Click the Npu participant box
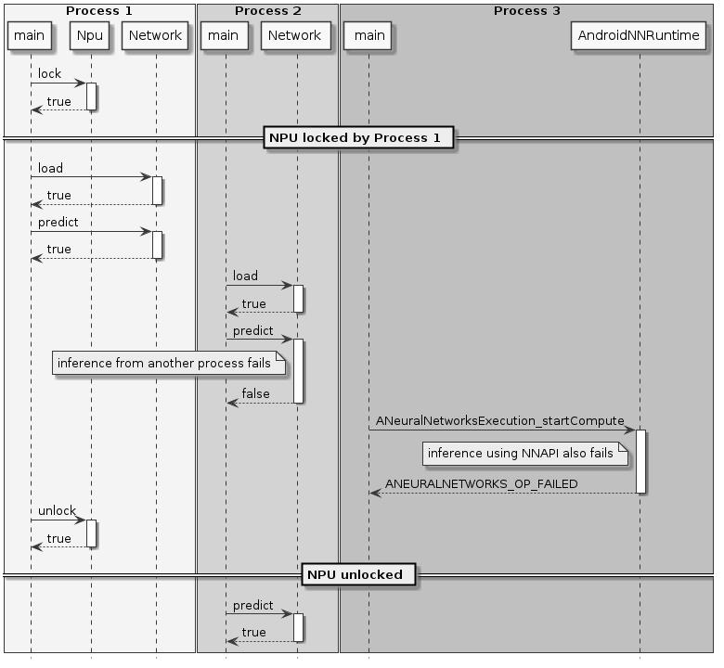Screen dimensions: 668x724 [90, 36]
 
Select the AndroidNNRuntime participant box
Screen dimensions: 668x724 [639, 36]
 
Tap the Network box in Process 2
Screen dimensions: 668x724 [296, 36]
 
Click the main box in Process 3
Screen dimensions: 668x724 [368, 36]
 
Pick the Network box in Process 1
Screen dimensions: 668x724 [155, 36]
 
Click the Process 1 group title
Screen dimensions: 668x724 [98, 11]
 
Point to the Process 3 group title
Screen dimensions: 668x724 [526, 11]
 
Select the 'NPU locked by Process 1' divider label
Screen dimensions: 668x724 [360, 138]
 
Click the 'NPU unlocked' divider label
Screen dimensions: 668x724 [360, 574]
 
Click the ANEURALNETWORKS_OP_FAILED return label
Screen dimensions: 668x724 [481, 484]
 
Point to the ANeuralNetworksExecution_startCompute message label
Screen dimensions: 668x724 [499, 421]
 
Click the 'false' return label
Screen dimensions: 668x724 [255, 394]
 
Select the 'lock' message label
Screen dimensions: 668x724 [49, 74]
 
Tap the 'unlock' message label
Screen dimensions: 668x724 [57, 511]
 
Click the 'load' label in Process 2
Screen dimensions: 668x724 [245, 276]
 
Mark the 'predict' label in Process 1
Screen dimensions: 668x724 [58, 223]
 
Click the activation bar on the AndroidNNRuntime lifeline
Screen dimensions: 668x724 [640, 461]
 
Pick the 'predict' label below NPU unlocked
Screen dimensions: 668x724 [252, 605]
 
